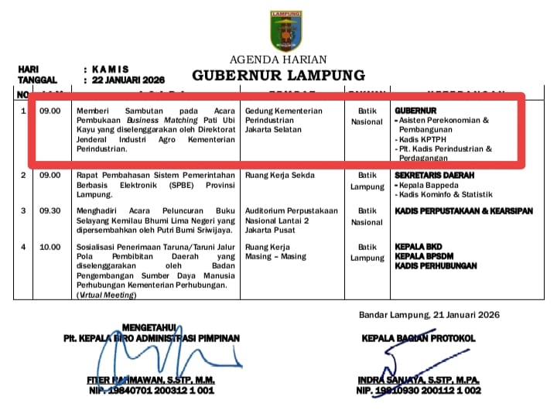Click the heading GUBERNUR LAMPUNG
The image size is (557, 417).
click(278, 75)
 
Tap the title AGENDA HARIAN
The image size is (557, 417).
click(278, 60)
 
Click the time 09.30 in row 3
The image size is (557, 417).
click(50, 210)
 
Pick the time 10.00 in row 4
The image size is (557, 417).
click(50, 247)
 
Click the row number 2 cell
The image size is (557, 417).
click(23, 176)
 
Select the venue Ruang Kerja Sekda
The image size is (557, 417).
click(279, 176)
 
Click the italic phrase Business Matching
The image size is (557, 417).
click(153, 121)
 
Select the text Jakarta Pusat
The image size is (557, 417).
click(269, 230)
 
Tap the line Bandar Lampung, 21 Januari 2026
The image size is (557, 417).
click(429, 314)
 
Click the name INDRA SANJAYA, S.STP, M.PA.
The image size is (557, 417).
click(419, 380)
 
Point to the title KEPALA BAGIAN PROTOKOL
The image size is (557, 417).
click(419, 338)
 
